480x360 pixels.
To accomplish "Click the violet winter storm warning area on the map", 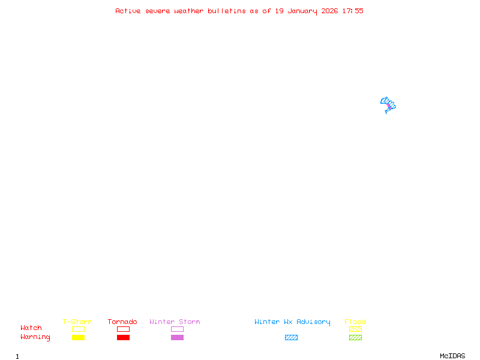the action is (x=389, y=107).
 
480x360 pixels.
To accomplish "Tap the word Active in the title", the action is (x=128, y=11).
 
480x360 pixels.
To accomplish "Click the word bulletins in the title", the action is (x=227, y=11).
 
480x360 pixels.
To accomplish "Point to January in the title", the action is (x=302, y=11).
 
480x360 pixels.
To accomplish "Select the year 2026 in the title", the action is (x=329, y=11).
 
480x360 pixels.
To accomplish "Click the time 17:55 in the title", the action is (x=353, y=11).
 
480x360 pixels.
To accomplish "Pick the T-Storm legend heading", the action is (x=77, y=322).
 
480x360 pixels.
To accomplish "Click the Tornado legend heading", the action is (x=122, y=322).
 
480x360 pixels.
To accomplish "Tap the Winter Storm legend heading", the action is (x=175, y=322).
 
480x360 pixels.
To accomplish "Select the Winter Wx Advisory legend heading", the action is (x=292, y=322).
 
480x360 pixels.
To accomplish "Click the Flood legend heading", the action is (x=355, y=322).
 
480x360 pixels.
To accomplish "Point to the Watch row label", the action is (x=31, y=328).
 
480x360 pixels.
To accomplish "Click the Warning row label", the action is (x=35, y=337).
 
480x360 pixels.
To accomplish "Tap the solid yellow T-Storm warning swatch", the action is (x=79, y=337).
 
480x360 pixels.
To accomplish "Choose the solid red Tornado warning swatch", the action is (x=124, y=337).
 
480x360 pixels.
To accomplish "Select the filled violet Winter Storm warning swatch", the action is (x=177, y=337).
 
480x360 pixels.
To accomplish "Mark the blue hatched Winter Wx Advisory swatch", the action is (x=291, y=337).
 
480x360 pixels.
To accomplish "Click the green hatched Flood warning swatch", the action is (x=355, y=337).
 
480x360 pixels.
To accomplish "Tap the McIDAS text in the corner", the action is (x=452, y=356).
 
